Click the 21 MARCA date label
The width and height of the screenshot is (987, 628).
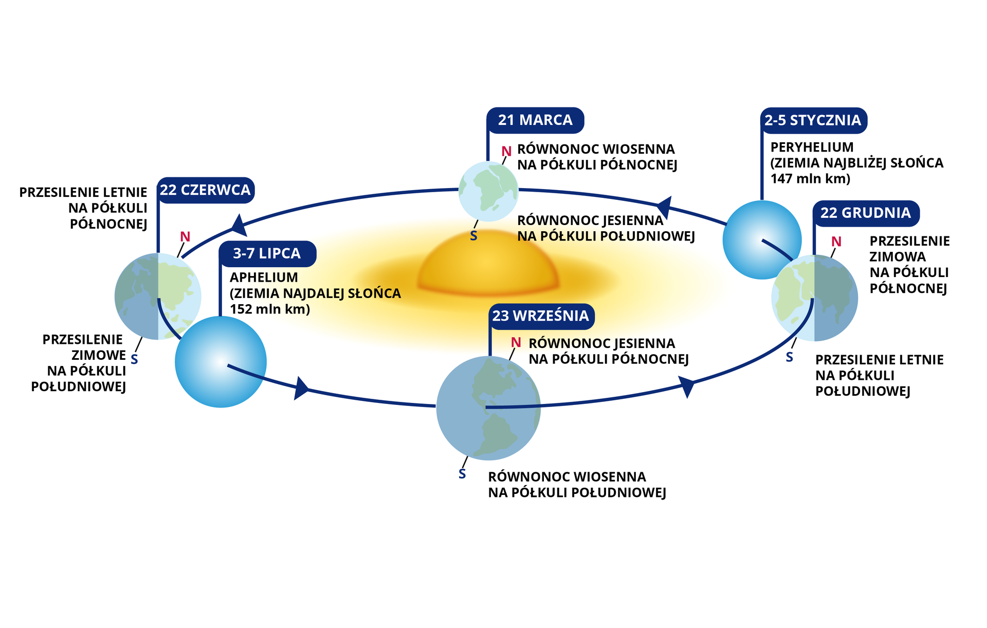[x=535, y=120]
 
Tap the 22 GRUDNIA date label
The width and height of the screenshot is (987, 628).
[x=865, y=213]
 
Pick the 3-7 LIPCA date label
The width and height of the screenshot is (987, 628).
[x=267, y=253]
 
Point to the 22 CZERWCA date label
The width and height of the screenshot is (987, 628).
[x=205, y=190]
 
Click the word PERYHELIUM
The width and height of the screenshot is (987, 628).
[x=812, y=147]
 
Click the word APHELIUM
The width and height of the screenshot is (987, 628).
[x=264, y=278]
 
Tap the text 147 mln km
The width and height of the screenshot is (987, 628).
[x=810, y=179]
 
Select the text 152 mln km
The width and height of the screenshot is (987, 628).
[x=269, y=309]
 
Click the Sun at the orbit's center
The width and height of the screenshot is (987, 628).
[x=487, y=265]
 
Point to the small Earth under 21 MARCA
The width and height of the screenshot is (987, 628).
[x=488, y=191]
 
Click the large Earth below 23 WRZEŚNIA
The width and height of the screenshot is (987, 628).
[x=488, y=408]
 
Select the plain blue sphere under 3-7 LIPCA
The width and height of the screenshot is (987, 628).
[x=221, y=362]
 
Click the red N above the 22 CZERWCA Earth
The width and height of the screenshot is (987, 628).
[x=185, y=237]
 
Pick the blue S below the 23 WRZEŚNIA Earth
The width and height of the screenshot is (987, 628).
[x=462, y=474]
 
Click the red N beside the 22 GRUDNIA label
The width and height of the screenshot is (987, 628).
[x=836, y=242]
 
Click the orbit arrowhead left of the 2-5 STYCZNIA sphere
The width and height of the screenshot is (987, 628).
[x=665, y=207]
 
